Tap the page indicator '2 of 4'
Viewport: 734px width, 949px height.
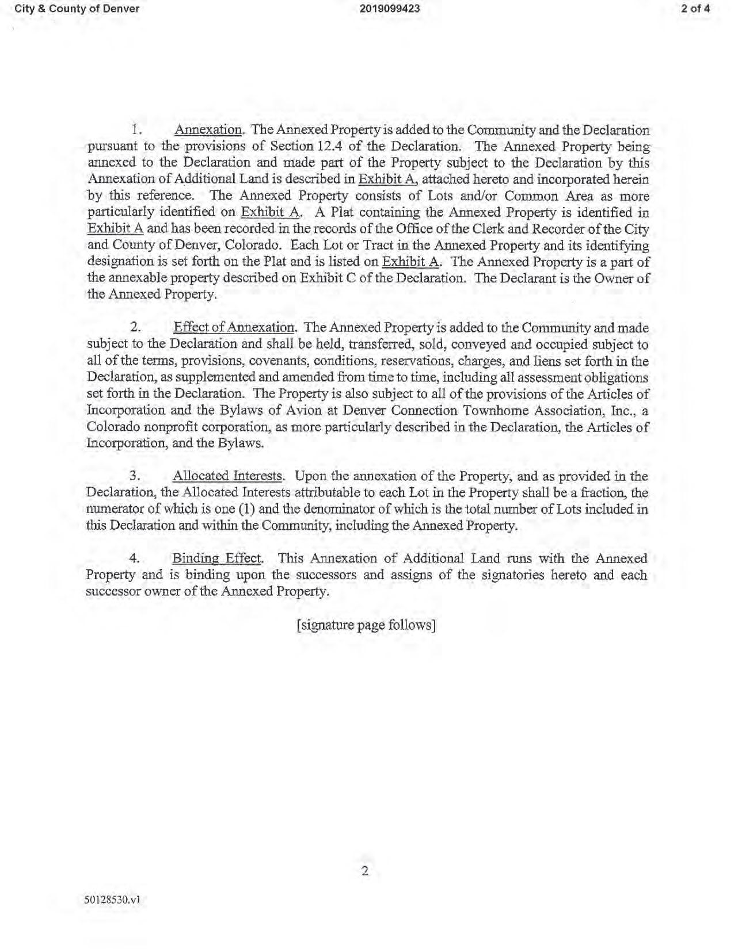695,9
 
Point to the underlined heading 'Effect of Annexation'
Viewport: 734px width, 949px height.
234,328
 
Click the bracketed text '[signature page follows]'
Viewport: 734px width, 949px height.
366,625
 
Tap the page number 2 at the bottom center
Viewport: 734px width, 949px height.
365,871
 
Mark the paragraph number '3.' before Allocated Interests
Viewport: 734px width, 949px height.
136,476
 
